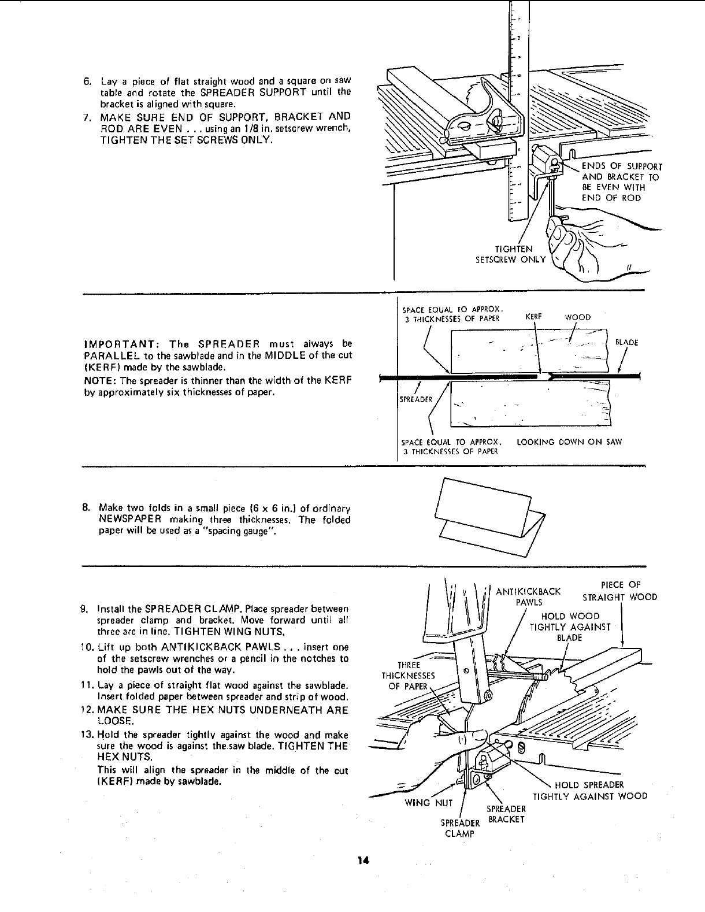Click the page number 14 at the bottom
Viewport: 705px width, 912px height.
pos(362,861)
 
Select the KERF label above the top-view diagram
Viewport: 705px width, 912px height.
pos(532,317)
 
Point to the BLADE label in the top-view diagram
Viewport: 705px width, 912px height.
pos(626,343)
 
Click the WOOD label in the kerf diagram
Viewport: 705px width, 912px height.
pos(577,317)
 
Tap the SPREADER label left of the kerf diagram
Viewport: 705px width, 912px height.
pos(412,399)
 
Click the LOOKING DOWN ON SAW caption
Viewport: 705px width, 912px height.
pos(569,442)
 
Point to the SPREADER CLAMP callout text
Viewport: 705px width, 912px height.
pos(460,828)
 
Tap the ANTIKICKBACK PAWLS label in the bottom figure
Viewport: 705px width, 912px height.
pos(528,596)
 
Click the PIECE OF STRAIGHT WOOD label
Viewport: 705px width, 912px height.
pos(619,591)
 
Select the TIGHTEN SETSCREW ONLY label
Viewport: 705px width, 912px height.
pos(510,254)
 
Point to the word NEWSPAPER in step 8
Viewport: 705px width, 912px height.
pos(129,520)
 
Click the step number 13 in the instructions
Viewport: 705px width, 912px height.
pos(87,735)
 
